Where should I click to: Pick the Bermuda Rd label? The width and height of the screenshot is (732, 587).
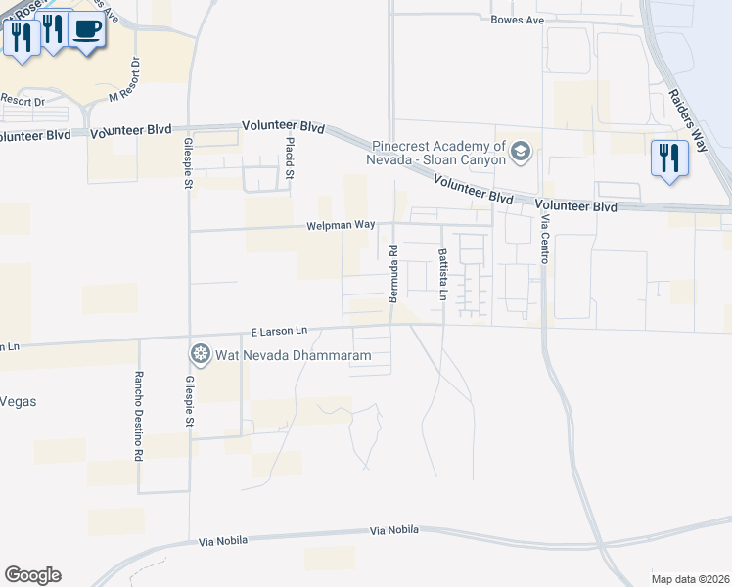[x=392, y=273]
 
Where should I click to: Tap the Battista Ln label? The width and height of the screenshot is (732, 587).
[x=442, y=268]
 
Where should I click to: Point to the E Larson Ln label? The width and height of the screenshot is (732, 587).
[x=279, y=332]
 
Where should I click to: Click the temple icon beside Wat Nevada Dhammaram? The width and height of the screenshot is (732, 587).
[x=201, y=354]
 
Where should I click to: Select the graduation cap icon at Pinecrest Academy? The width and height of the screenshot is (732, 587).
[x=521, y=151]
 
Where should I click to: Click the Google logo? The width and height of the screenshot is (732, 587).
[x=32, y=575]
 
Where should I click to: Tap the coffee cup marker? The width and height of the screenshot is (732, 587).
[x=86, y=30]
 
